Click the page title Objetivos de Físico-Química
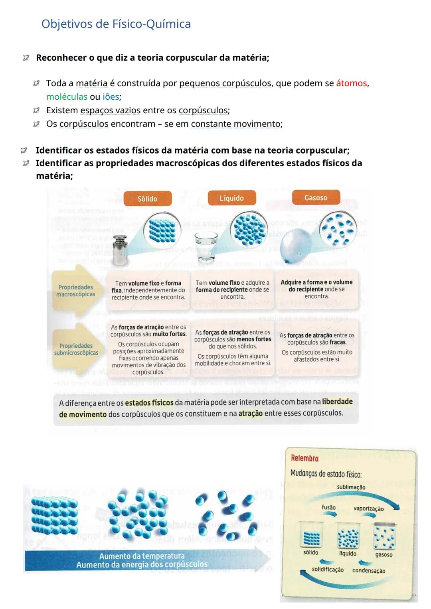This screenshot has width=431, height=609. click(116, 24)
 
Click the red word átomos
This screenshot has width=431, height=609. click(351, 83)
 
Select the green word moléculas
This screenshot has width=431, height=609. click(67, 97)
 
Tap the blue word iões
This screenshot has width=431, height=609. click(111, 97)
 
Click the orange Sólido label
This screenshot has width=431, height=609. click(147, 199)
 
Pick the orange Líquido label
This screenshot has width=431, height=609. click(231, 198)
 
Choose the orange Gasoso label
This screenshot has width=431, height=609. click(316, 198)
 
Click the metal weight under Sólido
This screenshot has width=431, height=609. click(120, 250)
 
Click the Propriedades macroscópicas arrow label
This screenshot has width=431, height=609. click(76, 291)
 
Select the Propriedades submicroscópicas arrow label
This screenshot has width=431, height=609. click(76, 349)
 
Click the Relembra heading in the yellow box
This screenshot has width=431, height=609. click(304, 458)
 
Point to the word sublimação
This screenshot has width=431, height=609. click(351, 487)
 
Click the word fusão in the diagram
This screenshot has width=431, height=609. click(328, 507)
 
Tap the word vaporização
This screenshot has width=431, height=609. click(368, 508)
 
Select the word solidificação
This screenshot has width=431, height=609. click(328, 570)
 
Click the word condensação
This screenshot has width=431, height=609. click(369, 571)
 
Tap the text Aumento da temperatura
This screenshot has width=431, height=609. click(142, 556)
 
